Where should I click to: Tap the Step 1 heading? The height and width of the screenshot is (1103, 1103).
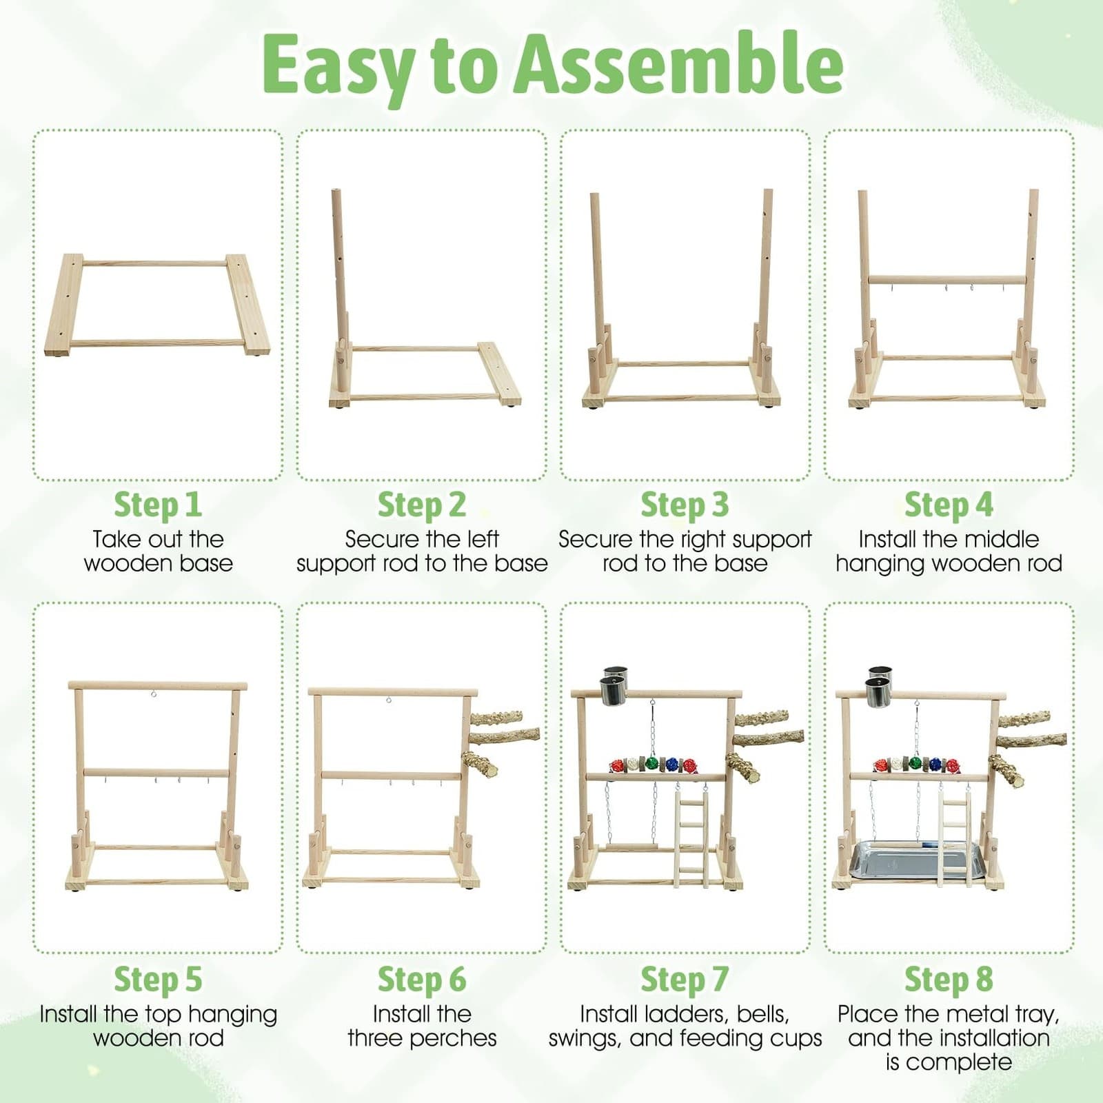[158, 505]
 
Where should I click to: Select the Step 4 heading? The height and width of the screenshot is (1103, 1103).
[949, 505]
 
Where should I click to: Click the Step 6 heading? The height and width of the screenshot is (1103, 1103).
[422, 980]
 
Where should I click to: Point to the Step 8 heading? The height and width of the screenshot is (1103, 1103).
[949, 980]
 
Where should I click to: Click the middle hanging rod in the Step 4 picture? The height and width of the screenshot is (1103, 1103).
[948, 280]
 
